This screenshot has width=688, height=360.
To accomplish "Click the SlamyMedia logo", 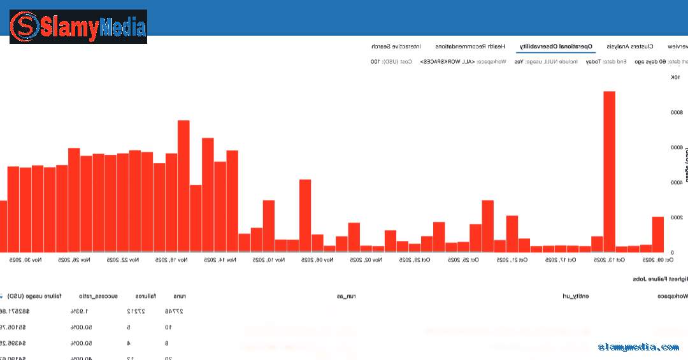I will pos(78,27).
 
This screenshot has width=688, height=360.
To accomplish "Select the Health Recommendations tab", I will pos(471,47).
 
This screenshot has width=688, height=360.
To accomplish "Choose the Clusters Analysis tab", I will pos(630,47).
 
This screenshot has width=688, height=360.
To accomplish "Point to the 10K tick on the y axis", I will pos(675,78).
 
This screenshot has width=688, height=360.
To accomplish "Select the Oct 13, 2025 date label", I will pos(610,260).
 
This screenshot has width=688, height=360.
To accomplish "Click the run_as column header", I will pos(346,296).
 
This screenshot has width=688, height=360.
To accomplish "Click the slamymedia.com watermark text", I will pos(638,347).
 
